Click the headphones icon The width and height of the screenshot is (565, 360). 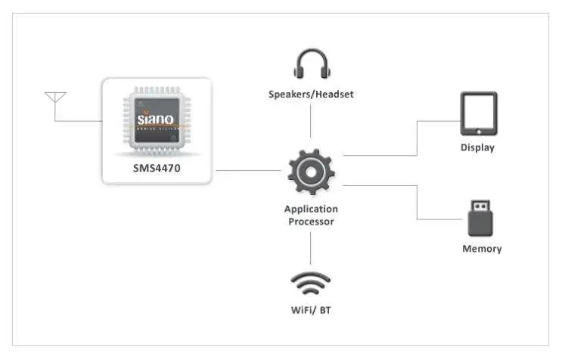(x=311, y=65)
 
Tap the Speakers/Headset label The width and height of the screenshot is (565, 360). (x=311, y=95)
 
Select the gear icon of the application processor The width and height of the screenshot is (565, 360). (x=311, y=172)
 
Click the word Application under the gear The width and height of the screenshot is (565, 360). (x=311, y=209)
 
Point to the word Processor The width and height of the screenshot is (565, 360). (x=311, y=222)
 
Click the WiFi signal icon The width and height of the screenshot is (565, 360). (x=311, y=284)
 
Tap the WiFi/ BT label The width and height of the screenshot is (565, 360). (x=311, y=310)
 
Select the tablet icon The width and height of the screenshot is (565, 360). (x=479, y=113)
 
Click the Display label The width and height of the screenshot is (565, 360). (x=477, y=147)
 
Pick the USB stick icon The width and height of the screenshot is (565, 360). (x=479, y=219)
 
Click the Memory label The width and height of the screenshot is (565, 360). (x=482, y=249)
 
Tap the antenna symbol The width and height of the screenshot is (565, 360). (x=55, y=99)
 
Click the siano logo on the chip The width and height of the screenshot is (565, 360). (x=156, y=119)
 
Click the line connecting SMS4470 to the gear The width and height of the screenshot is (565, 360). (x=247, y=171)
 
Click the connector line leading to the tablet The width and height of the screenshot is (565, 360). (x=417, y=140)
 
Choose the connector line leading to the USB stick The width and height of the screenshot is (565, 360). (x=417, y=202)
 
